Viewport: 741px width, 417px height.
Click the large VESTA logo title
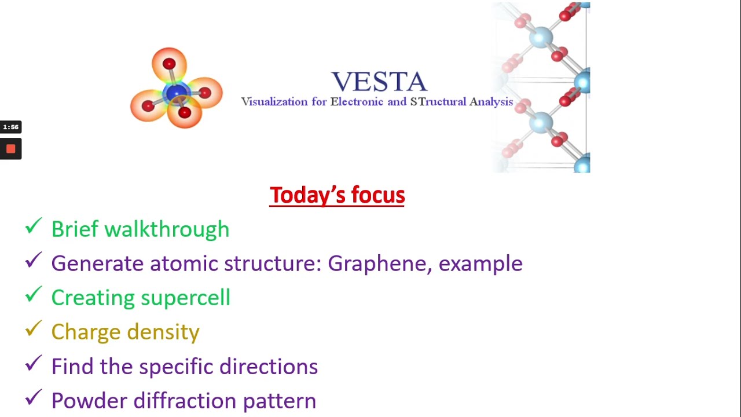379,82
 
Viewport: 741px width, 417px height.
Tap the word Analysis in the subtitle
491,102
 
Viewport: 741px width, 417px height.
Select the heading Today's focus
337,195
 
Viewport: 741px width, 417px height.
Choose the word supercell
185,298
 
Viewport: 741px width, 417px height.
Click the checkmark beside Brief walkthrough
34,226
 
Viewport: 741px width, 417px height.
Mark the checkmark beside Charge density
34,329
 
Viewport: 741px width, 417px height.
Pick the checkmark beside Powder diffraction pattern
34,397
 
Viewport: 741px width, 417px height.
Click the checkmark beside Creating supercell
34,295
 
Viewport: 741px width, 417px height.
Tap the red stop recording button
10,149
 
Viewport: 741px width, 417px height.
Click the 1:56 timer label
10,127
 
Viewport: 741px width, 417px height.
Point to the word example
480,264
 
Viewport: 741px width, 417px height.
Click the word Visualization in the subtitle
274,102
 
